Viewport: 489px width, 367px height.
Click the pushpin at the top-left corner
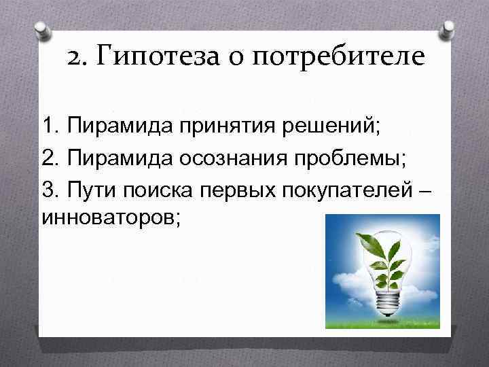coord(42,31)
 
